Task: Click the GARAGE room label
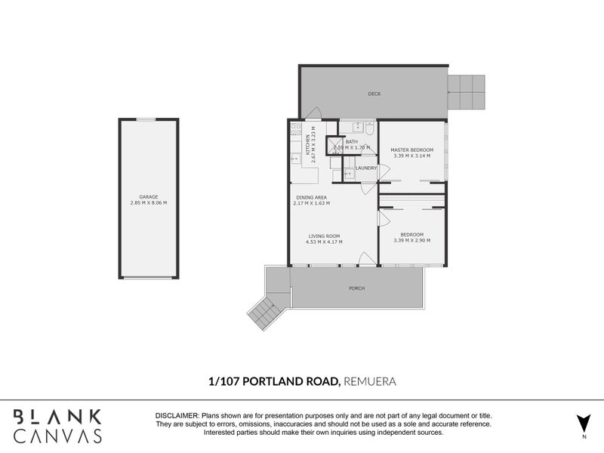point(148,197)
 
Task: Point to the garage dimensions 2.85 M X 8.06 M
point(148,203)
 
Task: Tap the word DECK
point(374,94)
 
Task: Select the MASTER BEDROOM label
point(411,149)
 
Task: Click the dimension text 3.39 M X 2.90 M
point(411,240)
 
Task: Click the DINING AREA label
point(311,197)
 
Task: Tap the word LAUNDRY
point(366,168)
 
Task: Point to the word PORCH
point(356,289)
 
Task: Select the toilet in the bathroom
point(368,128)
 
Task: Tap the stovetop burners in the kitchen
point(293,130)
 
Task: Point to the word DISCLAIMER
point(177,417)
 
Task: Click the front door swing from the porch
point(367,259)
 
